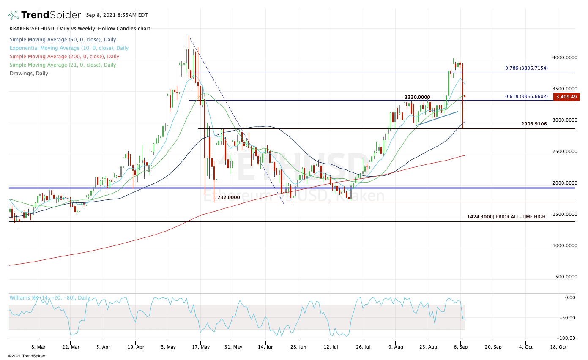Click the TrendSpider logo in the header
44,15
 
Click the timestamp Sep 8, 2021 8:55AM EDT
117,15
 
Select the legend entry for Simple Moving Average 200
64,57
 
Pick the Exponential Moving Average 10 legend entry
69,48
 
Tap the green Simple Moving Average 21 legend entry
62,65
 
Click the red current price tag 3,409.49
566,97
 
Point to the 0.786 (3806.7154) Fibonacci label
526,68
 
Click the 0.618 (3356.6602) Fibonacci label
526,96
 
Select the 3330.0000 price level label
417,97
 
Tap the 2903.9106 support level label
534,124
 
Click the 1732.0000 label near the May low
227,197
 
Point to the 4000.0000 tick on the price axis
565,57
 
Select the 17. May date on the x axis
201,347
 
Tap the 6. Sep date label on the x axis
460,347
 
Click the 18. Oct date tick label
558,347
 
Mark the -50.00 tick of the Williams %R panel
568,318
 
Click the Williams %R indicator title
50,298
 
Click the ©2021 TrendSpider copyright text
27,356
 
